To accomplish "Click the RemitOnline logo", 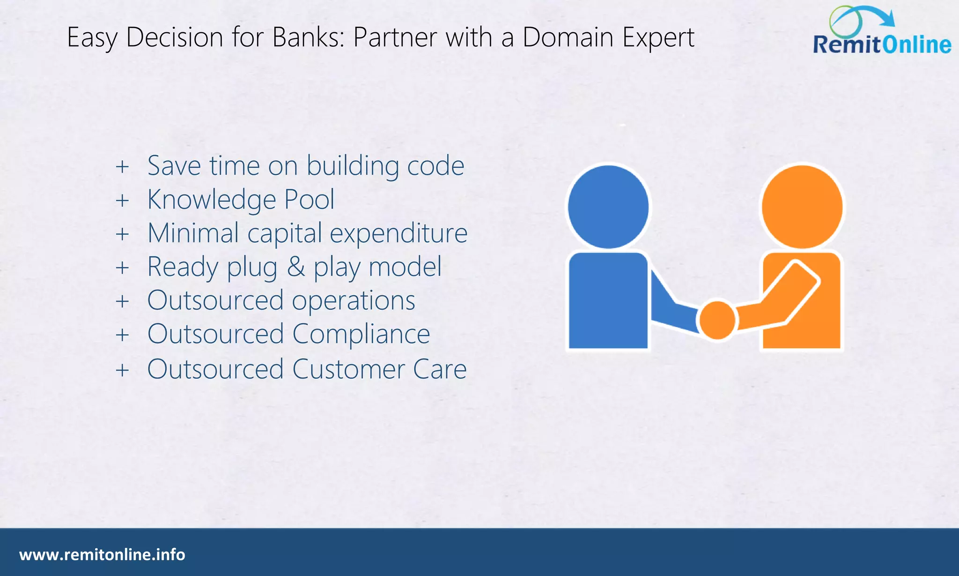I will click(x=881, y=33).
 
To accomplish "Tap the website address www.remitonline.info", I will click(x=102, y=555).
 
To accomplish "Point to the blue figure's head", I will click(x=608, y=207).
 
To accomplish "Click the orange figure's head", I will click(x=802, y=207).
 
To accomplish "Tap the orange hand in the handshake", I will click(x=717, y=320).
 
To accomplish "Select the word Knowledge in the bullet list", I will click(x=211, y=200).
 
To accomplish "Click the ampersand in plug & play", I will click(x=295, y=267).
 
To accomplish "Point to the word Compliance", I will click(x=361, y=334).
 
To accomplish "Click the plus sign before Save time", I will click(x=122, y=166).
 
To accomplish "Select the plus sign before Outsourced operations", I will click(x=122, y=301).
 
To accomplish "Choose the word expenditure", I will click(x=398, y=233).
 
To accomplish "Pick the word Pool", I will click(x=310, y=200).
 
